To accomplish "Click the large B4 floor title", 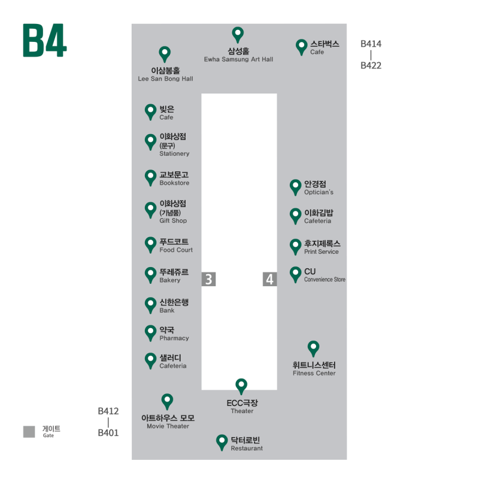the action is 44,40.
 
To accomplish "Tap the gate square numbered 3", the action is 208,279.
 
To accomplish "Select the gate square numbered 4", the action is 270,279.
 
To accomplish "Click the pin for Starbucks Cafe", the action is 302,47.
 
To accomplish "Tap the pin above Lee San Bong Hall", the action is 165,54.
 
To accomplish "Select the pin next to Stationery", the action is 150,142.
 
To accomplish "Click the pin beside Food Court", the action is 150,245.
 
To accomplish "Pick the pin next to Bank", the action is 150,305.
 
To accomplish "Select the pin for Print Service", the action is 295,247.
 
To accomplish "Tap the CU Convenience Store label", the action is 325,275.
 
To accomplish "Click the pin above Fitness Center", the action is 313,348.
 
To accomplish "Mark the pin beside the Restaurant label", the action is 222,442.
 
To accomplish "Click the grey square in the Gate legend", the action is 29,432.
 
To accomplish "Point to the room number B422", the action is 371,65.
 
